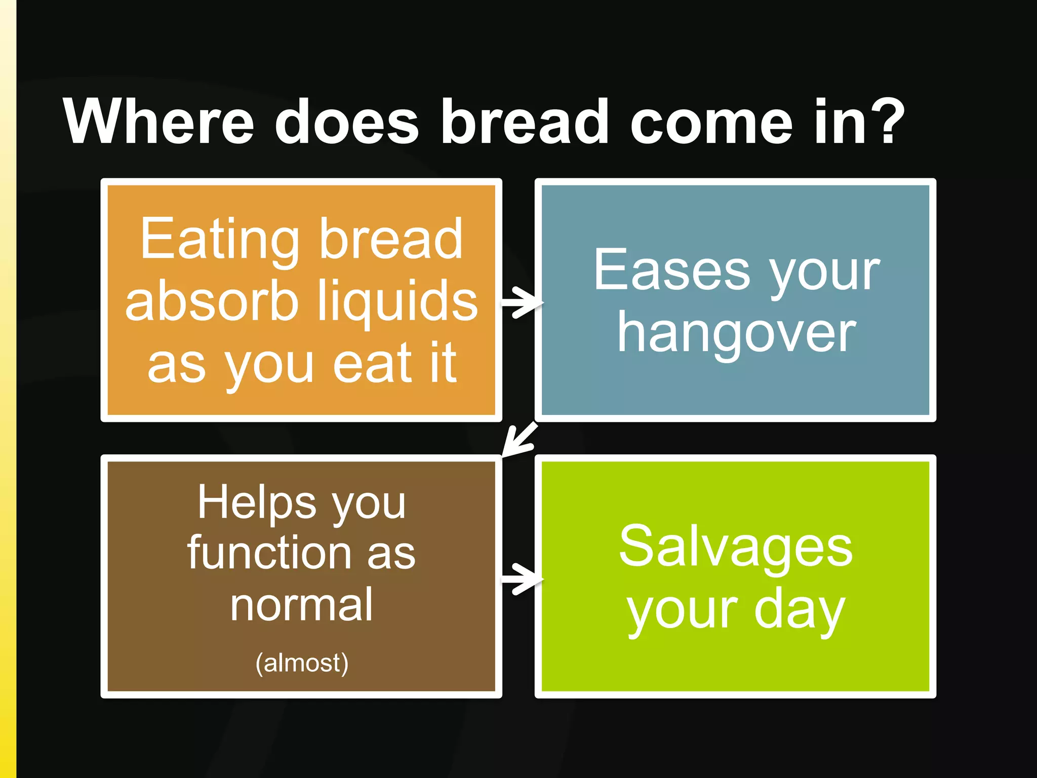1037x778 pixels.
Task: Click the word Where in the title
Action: pos(158,122)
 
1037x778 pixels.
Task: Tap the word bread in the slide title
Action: pos(525,122)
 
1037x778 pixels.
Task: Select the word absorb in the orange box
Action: pos(212,302)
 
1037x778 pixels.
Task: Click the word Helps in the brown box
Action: pos(257,502)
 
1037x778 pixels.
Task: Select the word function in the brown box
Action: pos(269,553)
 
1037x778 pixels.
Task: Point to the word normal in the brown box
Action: pos(302,605)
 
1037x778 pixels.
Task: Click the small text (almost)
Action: pos(302,663)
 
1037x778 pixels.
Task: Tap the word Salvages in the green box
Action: pos(736,547)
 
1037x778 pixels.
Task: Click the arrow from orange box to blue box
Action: pos(521,302)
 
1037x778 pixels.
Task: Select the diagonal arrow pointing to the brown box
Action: pos(519,439)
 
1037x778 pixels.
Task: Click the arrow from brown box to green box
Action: pos(521,578)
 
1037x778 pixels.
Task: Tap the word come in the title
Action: pos(711,122)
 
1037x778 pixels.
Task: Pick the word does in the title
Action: pos(347,122)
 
